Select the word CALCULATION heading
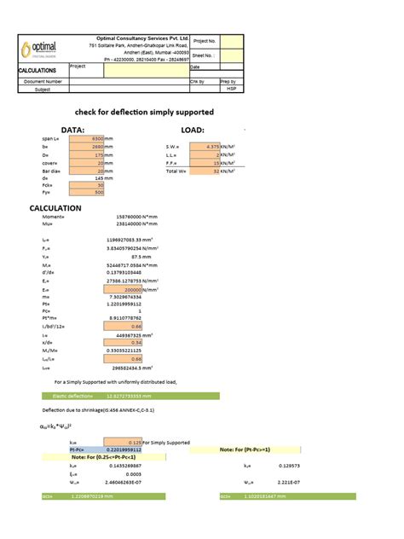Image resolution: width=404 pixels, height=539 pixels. tap(55, 207)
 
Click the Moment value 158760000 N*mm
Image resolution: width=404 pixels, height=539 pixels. tap(136, 217)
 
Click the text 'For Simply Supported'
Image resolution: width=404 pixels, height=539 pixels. tap(167, 443)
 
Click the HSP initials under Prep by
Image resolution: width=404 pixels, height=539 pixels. tap(230, 88)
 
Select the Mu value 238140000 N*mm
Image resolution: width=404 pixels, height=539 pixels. tap(136, 224)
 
